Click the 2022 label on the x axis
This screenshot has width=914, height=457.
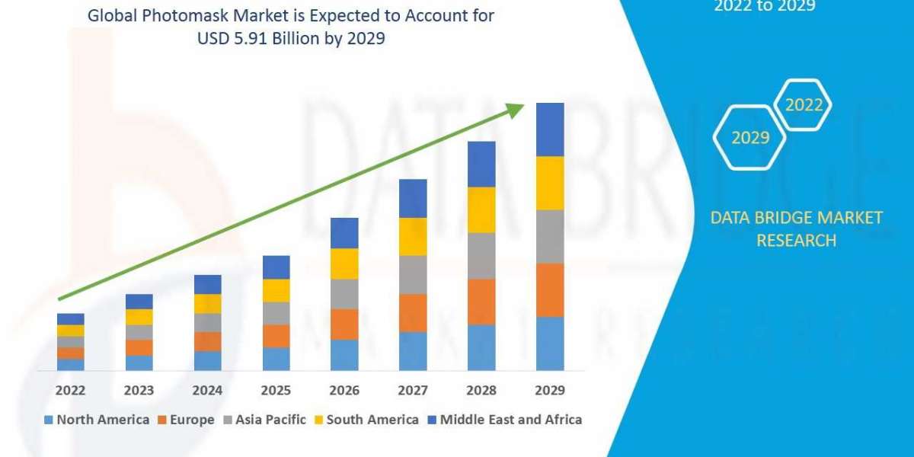(x=70, y=390)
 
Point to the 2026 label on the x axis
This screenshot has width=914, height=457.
(x=344, y=390)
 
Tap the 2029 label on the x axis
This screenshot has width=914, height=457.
(x=550, y=390)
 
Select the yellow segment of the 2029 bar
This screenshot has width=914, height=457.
(x=550, y=183)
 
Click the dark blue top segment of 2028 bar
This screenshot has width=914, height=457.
(x=481, y=164)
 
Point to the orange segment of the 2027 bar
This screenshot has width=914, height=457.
(x=413, y=312)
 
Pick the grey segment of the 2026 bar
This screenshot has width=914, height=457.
(x=344, y=293)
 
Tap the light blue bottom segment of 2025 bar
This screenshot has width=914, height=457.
(x=276, y=359)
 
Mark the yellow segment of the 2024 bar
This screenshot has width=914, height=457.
(x=207, y=303)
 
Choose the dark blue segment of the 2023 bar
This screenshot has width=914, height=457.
(x=139, y=302)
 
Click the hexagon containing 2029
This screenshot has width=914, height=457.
(x=750, y=138)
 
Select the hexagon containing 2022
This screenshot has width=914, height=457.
(x=804, y=105)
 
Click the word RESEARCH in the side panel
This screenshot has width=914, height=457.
(x=796, y=241)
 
